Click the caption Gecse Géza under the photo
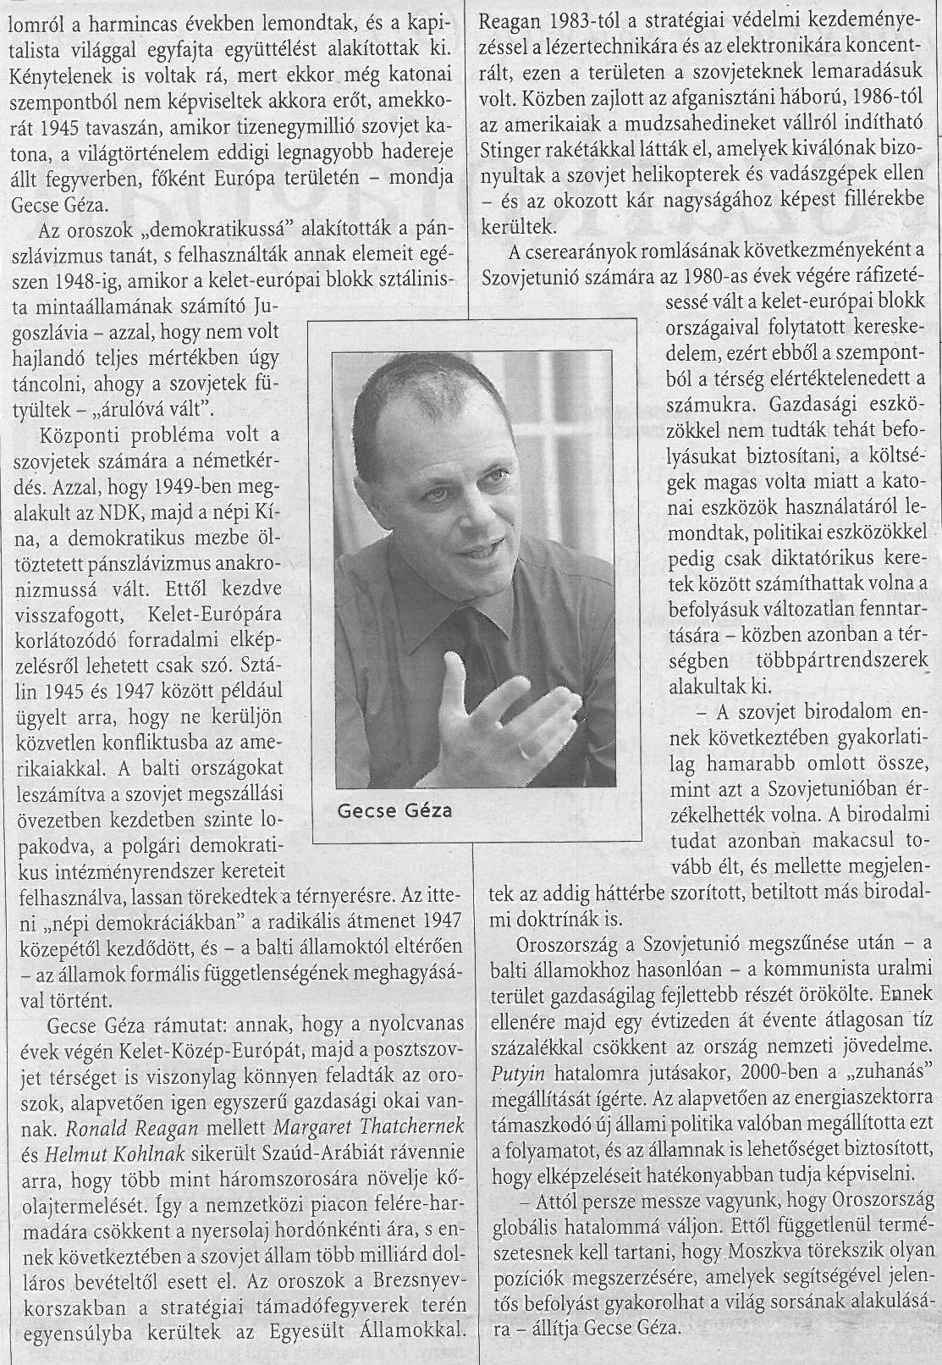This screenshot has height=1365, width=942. coord(394,810)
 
